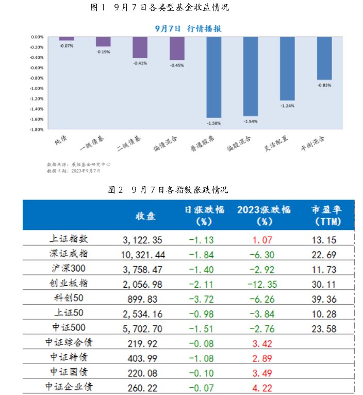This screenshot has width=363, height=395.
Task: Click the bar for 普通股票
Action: pyautogui.click(x=213, y=77)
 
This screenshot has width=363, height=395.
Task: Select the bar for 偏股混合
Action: pyautogui.click(x=250, y=76)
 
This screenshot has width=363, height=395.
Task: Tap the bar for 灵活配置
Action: pyautogui.click(x=287, y=69)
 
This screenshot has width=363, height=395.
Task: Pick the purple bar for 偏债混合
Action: pyautogui.click(x=177, y=48)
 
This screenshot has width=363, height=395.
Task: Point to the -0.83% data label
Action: pyautogui.click(x=324, y=85)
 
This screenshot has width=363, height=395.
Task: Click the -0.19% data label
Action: pyautogui.click(x=103, y=52)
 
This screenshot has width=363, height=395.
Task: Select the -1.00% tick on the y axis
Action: pyautogui.click(x=37, y=88)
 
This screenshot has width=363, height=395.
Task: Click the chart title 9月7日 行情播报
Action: pyautogui.click(x=188, y=29)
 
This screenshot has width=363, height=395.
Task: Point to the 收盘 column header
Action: pyautogui.click(x=146, y=216)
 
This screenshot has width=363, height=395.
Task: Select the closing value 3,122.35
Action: pyautogui.click(x=143, y=239)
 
